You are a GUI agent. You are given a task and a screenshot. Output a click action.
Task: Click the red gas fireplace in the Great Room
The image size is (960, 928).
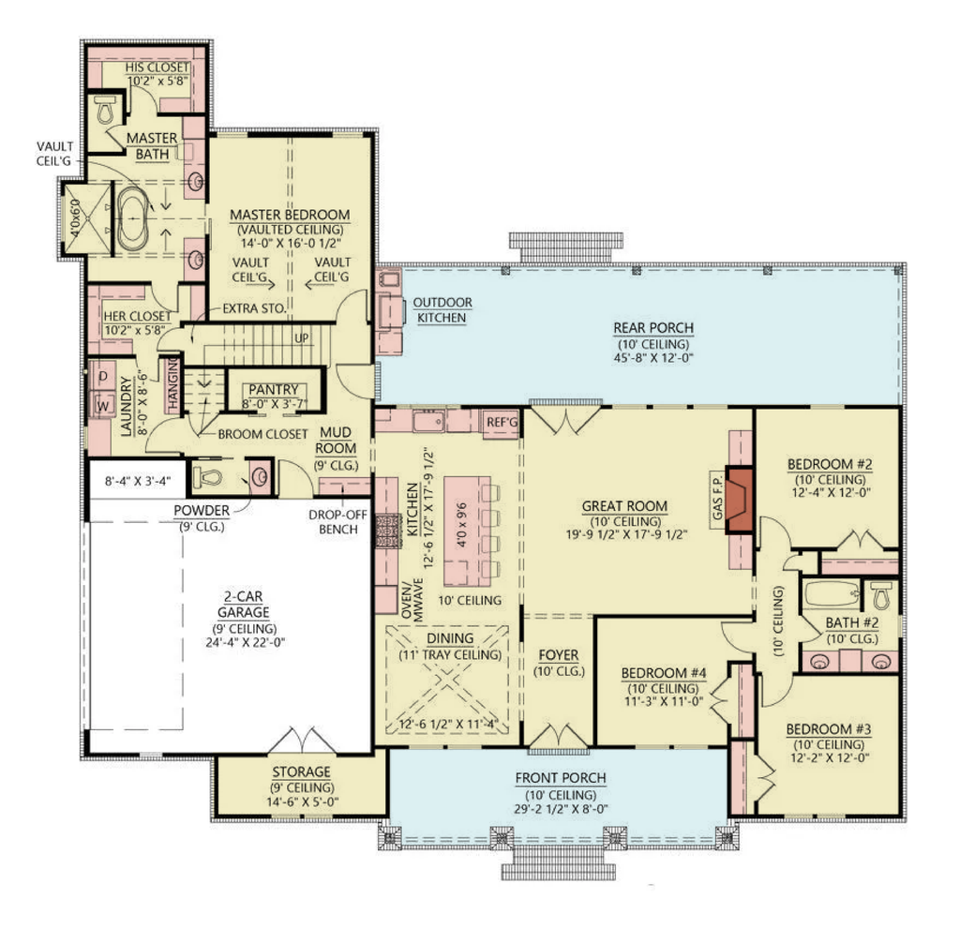739,501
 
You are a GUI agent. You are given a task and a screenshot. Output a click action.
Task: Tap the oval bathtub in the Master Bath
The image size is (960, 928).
133,217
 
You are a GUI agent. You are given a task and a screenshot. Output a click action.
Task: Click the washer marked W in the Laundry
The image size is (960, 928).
102,405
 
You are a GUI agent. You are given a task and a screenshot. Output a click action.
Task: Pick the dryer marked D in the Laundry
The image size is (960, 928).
102,377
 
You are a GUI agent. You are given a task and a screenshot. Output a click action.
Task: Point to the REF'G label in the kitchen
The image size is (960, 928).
502,423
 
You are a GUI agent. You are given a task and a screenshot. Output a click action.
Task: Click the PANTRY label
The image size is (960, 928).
274,389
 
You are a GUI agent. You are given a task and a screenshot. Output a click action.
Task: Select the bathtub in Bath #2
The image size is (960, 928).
831,593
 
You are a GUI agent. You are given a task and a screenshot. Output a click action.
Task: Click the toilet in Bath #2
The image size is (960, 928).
880,595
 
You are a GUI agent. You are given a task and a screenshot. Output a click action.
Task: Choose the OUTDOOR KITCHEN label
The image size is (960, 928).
442,309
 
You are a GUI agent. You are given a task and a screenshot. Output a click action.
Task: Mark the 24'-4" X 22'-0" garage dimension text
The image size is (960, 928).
246,643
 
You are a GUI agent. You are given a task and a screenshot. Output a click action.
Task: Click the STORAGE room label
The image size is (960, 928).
301,771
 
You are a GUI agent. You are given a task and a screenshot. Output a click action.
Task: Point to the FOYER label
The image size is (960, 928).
559,655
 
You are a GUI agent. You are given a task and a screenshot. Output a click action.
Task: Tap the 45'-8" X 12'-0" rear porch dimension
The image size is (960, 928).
653,358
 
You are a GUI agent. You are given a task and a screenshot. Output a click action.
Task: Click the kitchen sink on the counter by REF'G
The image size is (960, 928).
428,422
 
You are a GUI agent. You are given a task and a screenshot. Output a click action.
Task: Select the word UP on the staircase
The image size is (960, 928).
302,338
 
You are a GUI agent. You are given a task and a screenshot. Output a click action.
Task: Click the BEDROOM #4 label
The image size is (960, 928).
664,673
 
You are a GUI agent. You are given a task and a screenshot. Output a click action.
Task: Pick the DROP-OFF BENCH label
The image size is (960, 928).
337,522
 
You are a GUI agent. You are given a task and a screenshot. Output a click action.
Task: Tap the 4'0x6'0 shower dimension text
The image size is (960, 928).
75,218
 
